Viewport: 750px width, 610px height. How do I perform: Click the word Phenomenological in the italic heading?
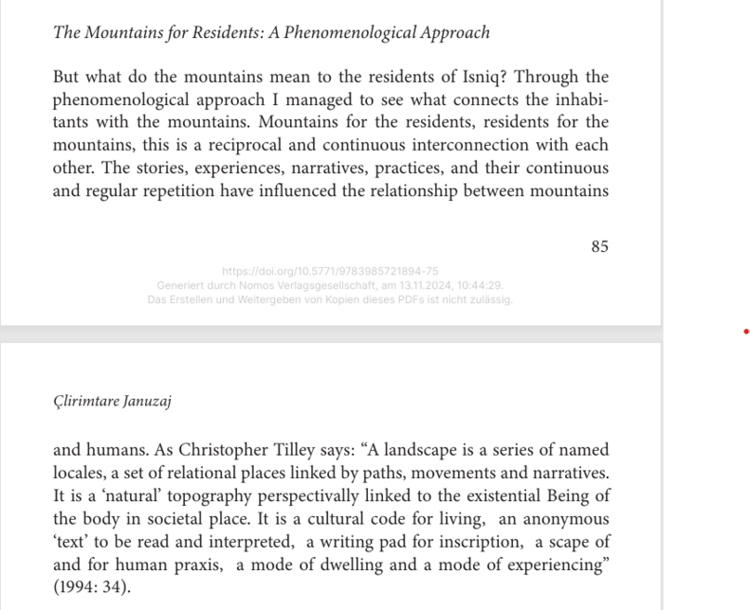pyautogui.click(x=353, y=33)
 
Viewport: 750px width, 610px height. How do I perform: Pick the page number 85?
pyautogui.click(x=599, y=246)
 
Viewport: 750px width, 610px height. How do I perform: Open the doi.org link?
pyautogui.click(x=330, y=272)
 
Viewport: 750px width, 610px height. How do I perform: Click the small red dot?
pyautogui.click(x=745, y=331)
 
